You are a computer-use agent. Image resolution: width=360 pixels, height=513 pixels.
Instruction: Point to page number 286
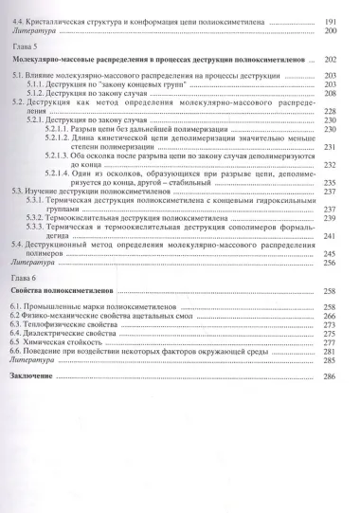[x=330, y=376]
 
